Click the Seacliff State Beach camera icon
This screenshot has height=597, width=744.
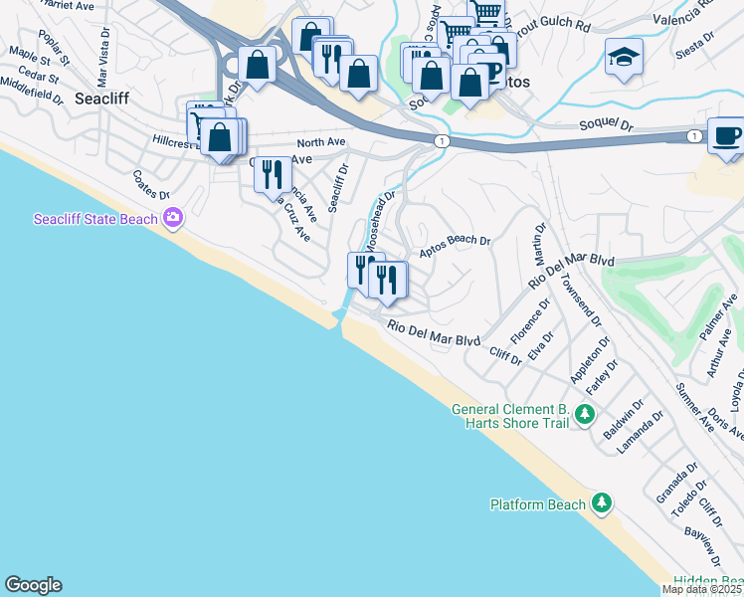(174, 217)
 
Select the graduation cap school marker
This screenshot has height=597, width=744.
(624, 57)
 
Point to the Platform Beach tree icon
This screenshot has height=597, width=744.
(601, 503)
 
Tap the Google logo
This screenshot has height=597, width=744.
(33, 585)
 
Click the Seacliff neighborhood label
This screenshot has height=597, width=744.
(103, 99)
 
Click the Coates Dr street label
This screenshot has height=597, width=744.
(151, 182)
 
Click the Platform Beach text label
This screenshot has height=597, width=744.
(538, 504)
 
